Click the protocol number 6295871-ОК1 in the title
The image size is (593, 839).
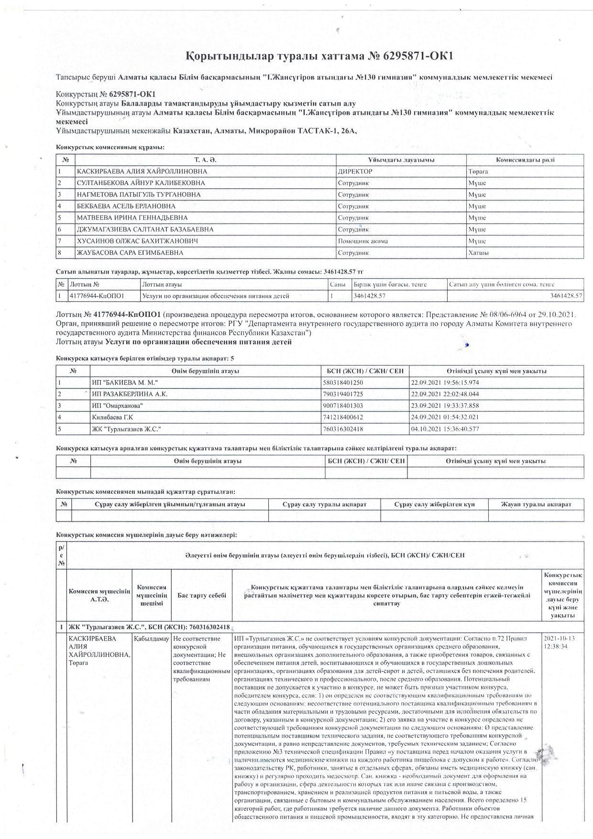[x=417, y=56]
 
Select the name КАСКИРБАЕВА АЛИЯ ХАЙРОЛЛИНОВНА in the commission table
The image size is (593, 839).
[x=142, y=172]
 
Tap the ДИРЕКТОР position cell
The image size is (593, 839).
[x=355, y=172]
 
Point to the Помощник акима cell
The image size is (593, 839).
[x=363, y=241]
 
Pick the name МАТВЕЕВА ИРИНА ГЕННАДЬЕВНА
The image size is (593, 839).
[x=132, y=218]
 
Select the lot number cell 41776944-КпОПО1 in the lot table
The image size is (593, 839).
[x=97, y=296]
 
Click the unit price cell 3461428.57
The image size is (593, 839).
[x=370, y=296]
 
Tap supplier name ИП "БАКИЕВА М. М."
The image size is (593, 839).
[x=125, y=383]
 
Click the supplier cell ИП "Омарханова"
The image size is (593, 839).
[x=117, y=406]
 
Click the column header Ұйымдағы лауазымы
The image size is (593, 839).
[x=401, y=160]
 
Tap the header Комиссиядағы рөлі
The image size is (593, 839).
[x=525, y=160]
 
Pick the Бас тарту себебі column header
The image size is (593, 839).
[x=201, y=596]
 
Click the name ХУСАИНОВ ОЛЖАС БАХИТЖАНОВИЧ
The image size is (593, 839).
[x=137, y=241]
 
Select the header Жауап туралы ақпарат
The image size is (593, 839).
[x=536, y=504]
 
